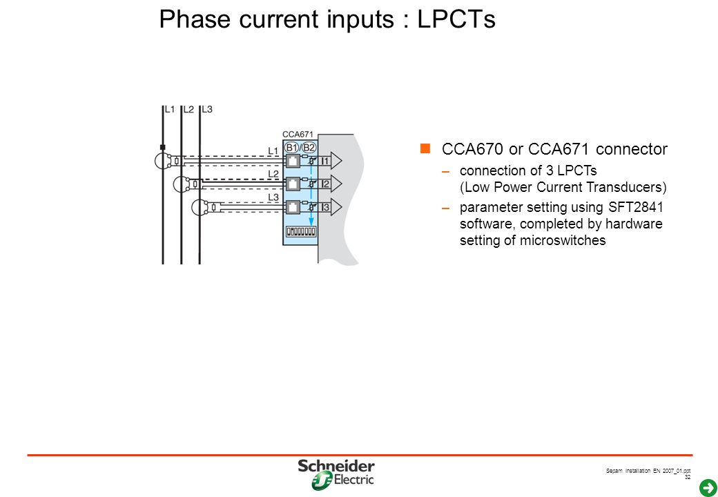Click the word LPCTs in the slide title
click(x=456, y=19)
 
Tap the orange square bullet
click(x=425, y=148)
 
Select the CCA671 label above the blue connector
click(x=298, y=134)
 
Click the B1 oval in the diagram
click(x=291, y=147)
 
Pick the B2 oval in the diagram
click(x=309, y=147)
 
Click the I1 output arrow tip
click(x=342, y=161)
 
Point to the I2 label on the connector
click(x=325, y=184)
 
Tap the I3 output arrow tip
click(x=342, y=207)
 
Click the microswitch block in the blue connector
click(x=301, y=231)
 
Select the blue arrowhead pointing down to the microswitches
click(x=311, y=223)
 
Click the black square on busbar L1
click(x=162, y=147)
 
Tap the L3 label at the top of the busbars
click(x=207, y=109)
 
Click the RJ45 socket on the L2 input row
click(x=293, y=184)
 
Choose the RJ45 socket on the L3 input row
click(x=293, y=207)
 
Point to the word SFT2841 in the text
click(x=636, y=207)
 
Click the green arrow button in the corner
click(x=708, y=487)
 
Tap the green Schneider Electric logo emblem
click(x=322, y=481)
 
